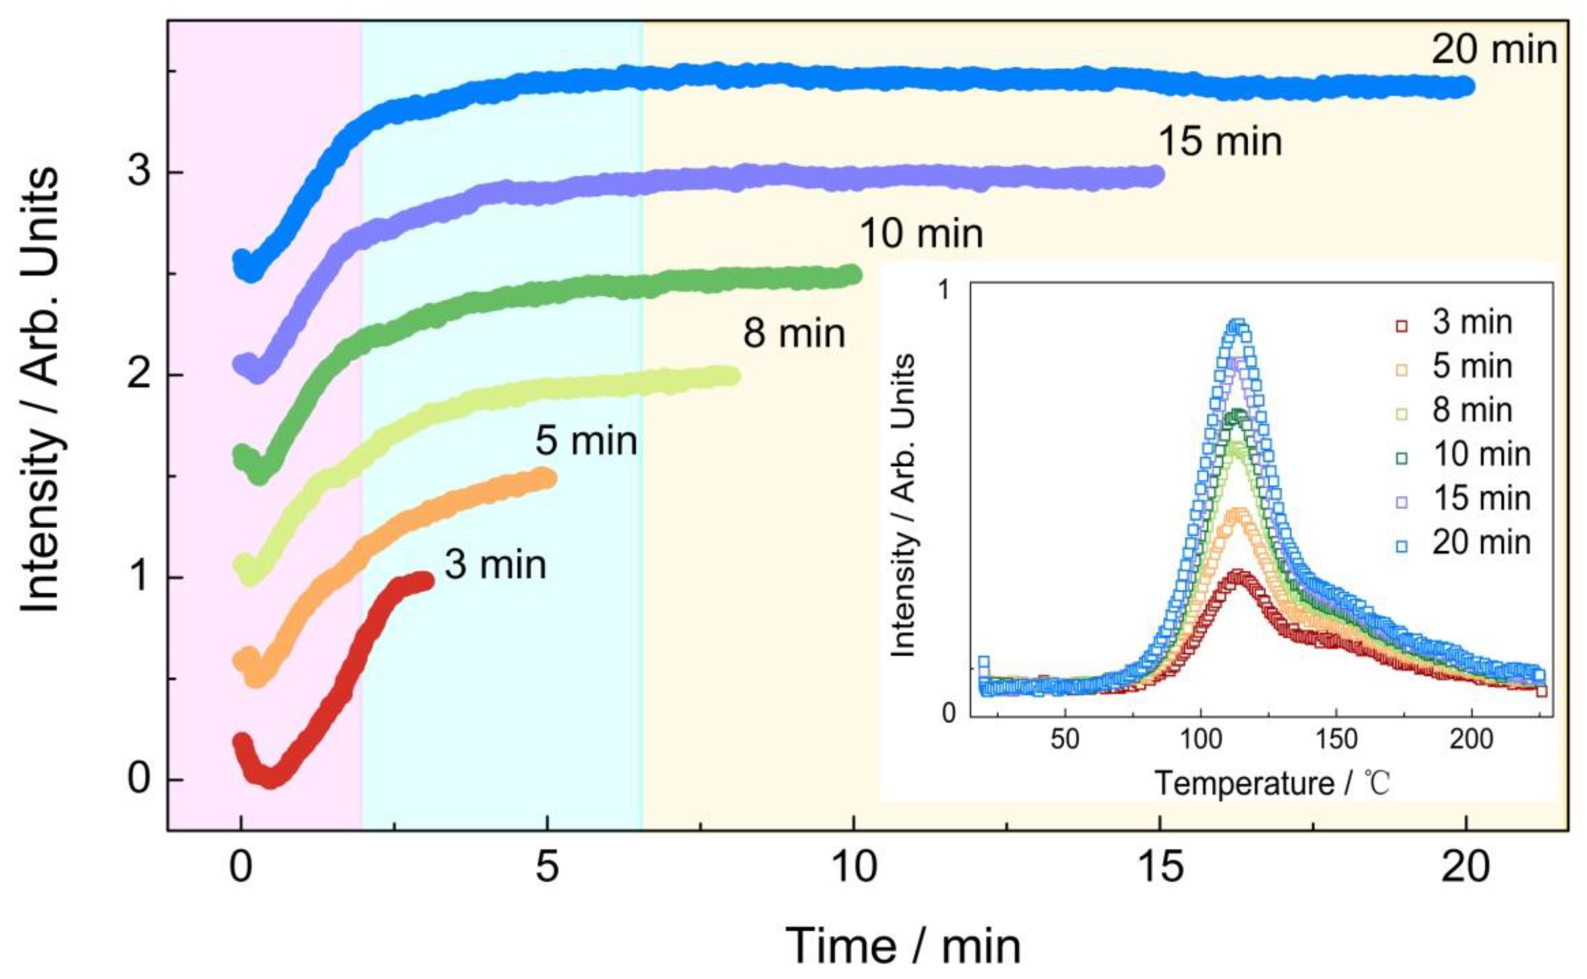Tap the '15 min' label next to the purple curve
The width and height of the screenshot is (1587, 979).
click(1220, 142)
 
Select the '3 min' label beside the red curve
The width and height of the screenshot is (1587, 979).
click(495, 565)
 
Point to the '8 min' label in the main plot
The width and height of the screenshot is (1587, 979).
click(794, 334)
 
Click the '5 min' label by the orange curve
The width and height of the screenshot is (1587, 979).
click(586, 442)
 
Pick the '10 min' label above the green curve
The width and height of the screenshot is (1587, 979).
click(921, 234)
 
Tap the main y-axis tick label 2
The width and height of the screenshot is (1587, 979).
click(139, 376)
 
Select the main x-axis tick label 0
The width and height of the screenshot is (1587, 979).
click(241, 868)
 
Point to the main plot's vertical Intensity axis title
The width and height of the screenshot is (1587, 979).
click(40, 389)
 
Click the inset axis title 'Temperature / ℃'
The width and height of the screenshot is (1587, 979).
click(1272, 784)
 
